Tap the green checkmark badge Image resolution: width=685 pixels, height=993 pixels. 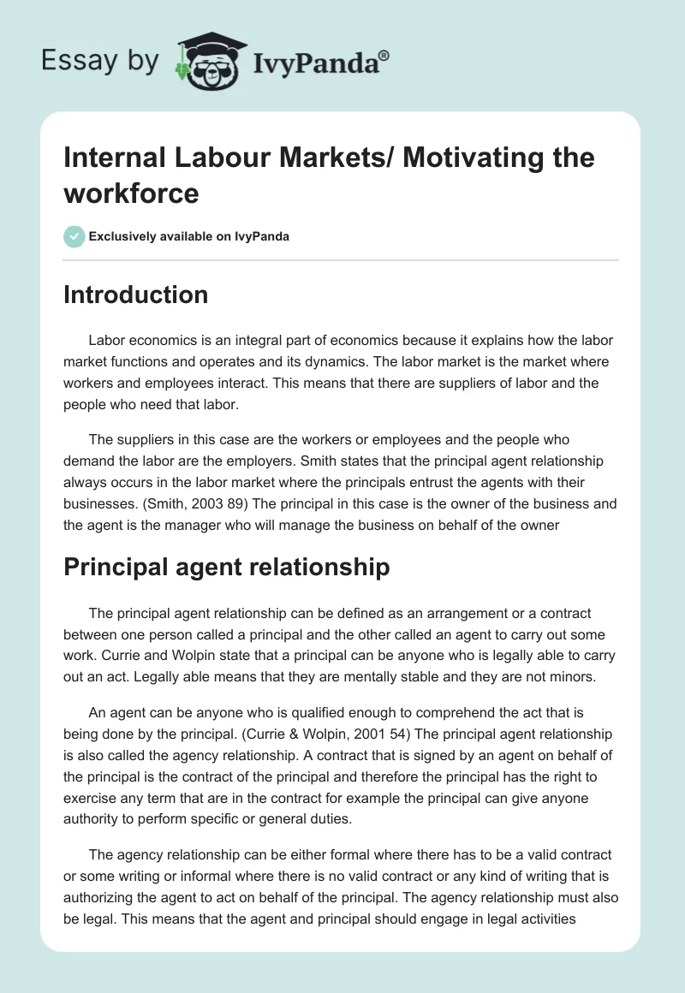74,236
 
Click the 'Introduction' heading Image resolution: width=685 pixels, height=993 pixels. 136,294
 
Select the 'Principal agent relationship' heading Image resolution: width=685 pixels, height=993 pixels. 227,567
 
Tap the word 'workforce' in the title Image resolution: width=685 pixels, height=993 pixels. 131,193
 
